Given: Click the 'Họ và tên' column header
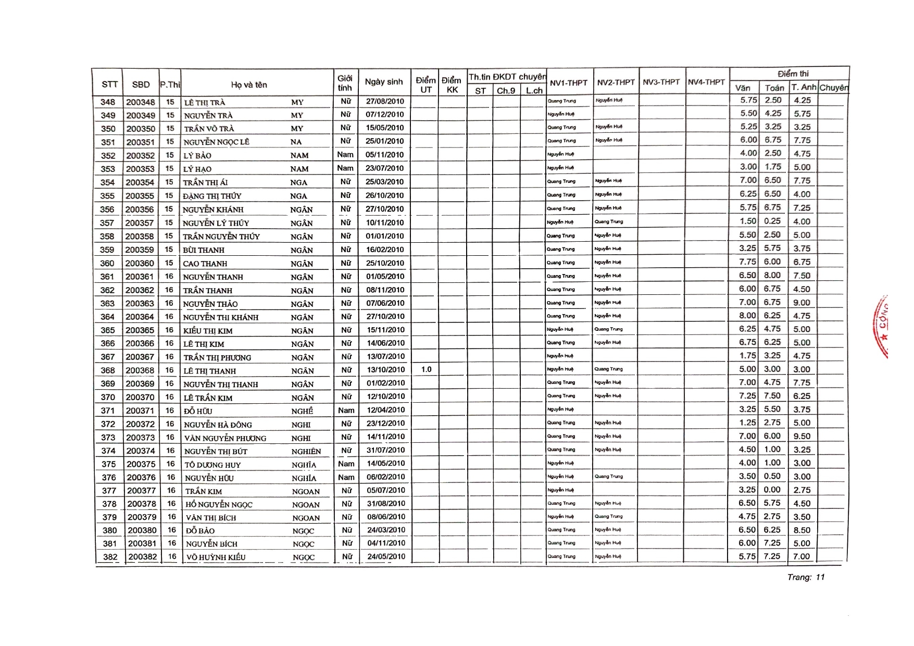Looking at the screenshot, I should (249, 85).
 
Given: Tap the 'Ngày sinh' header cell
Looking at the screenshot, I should (384, 82).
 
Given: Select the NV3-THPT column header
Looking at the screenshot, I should (661, 82).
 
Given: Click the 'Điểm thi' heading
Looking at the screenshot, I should (793, 74).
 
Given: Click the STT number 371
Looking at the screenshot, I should (108, 411).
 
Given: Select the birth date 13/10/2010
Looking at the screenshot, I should (385, 370).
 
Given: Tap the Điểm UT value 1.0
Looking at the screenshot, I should (426, 369).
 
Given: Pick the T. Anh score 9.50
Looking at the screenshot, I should (802, 437).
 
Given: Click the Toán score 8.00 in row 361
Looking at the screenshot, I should (772, 276).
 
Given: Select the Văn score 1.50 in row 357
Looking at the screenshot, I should (748, 221).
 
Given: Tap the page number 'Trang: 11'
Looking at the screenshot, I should (806, 577).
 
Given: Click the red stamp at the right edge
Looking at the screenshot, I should (882, 326).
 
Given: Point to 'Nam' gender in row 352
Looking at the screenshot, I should (345, 155).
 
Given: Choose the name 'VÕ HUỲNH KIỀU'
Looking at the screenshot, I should (216, 557).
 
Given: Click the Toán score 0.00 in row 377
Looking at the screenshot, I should (772, 490).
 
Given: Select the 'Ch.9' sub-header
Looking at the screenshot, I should (506, 91).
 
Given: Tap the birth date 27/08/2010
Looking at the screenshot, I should (384, 102).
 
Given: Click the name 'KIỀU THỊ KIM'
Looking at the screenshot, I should (208, 331).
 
